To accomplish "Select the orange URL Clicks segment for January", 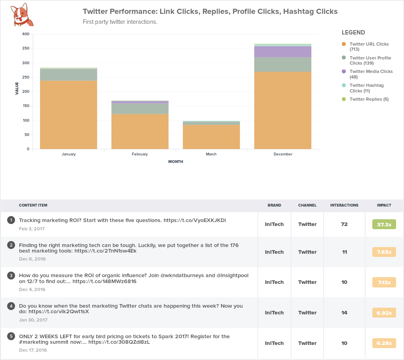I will pyautogui.click(x=69, y=115).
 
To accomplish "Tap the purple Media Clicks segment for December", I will pyautogui.click(x=282, y=52).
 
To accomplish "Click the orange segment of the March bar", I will pyautogui.click(x=211, y=137).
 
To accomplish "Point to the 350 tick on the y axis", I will pyautogui.click(x=25, y=48).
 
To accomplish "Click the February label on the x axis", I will pyautogui.click(x=140, y=154).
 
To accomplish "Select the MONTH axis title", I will pyautogui.click(x=175, y=162).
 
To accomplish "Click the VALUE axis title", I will pyautogui.click(x=17, y=88).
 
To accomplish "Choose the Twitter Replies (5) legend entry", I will pyautogui.click(x=369, y=99).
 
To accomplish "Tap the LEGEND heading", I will pyautogui.click(x=353, y=33).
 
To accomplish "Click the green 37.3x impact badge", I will pyautogui.click(x=384, y=224).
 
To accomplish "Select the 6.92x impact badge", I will pyautogui.click(x=384, y=313).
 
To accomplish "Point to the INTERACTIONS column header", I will pyautogui.click(x=344, y=205).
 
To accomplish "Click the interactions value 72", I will pyautogui.click(x=344, y=224).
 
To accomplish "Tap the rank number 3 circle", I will pyautogui.click(x=11, y=275).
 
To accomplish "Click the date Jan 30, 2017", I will pyautogui.click(x=33, y=320).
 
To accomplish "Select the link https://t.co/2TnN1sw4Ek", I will pyautogui.click(x=105, y=251).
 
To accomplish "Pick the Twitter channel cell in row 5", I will pyautogui.click(x=307, y=343).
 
